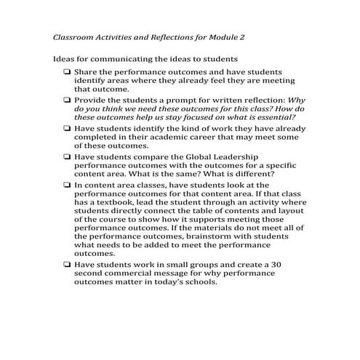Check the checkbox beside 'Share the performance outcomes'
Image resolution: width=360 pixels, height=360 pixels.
67,72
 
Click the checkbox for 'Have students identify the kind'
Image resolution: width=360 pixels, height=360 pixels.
67,127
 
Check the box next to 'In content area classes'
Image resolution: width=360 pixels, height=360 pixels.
67,185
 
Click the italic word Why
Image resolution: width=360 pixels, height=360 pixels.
287,99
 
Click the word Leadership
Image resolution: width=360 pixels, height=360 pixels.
250,156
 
